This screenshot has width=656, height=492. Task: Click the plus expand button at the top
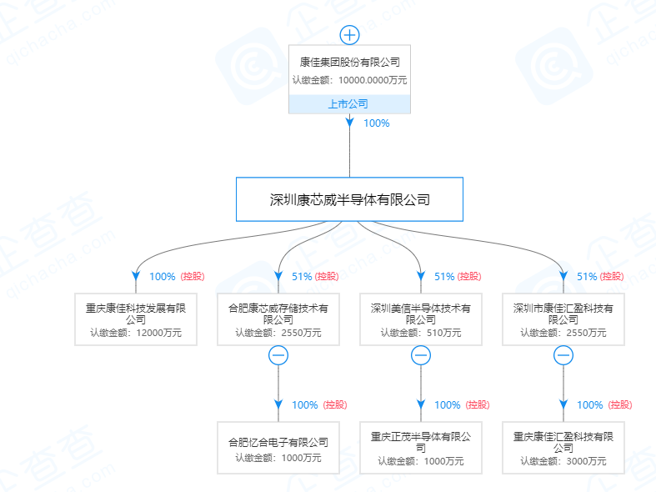pyautogui.click(x=349, y=35)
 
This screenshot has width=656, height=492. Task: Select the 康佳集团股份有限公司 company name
pyautogui.click(x=350, y=62)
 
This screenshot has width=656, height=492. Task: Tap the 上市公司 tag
pyautogui.click(x=349, y=104)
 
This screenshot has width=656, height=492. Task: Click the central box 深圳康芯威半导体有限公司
pyautogui.click(x=349, y=199)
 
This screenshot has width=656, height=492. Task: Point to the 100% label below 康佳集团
pyautogui.click(x=377, y=123)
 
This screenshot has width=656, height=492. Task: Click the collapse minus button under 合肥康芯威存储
pyautogui.click(x=278, y=356)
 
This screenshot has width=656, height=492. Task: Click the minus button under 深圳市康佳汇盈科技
pyautogui.click(x=563, y=356)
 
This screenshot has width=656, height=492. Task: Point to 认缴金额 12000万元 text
pyautogui.click(x=136, y=333)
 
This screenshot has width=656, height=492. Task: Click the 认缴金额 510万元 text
pyautogui.click(x=421, y=333)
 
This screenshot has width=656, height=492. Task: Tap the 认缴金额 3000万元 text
pyautogui.click(x=563, y=461)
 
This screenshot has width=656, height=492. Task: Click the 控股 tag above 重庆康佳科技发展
pyautogui.click(x=193, y=277)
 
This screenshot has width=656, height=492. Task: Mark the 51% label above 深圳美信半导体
pyautogui.click(x=444, y=277)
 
